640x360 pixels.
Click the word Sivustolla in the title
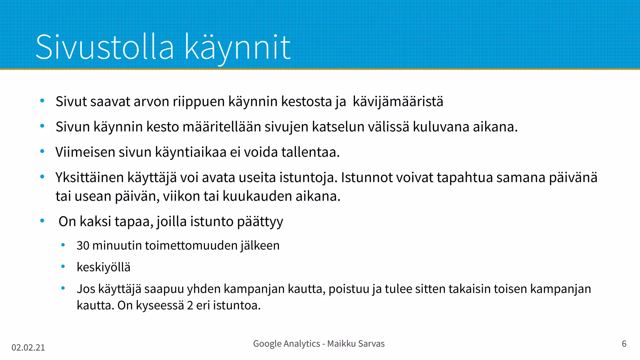tap(105, 47)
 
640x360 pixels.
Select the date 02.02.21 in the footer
tap(28, 347)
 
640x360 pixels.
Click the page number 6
tap(624, 344)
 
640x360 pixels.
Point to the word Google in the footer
tap(267, 344)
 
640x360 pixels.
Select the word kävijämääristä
tap(398, 102)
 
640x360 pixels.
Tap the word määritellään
tap(222, 127)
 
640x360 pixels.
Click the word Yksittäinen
tap(89, 177)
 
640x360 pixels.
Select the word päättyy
tap(260, 222)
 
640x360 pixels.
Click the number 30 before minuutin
tap(83, 246)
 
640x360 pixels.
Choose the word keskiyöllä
tap(103, 267)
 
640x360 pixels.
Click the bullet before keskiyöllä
tap(63, 267)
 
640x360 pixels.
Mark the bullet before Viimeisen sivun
tap(42, 152)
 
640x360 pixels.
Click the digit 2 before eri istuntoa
tap(190, 305)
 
